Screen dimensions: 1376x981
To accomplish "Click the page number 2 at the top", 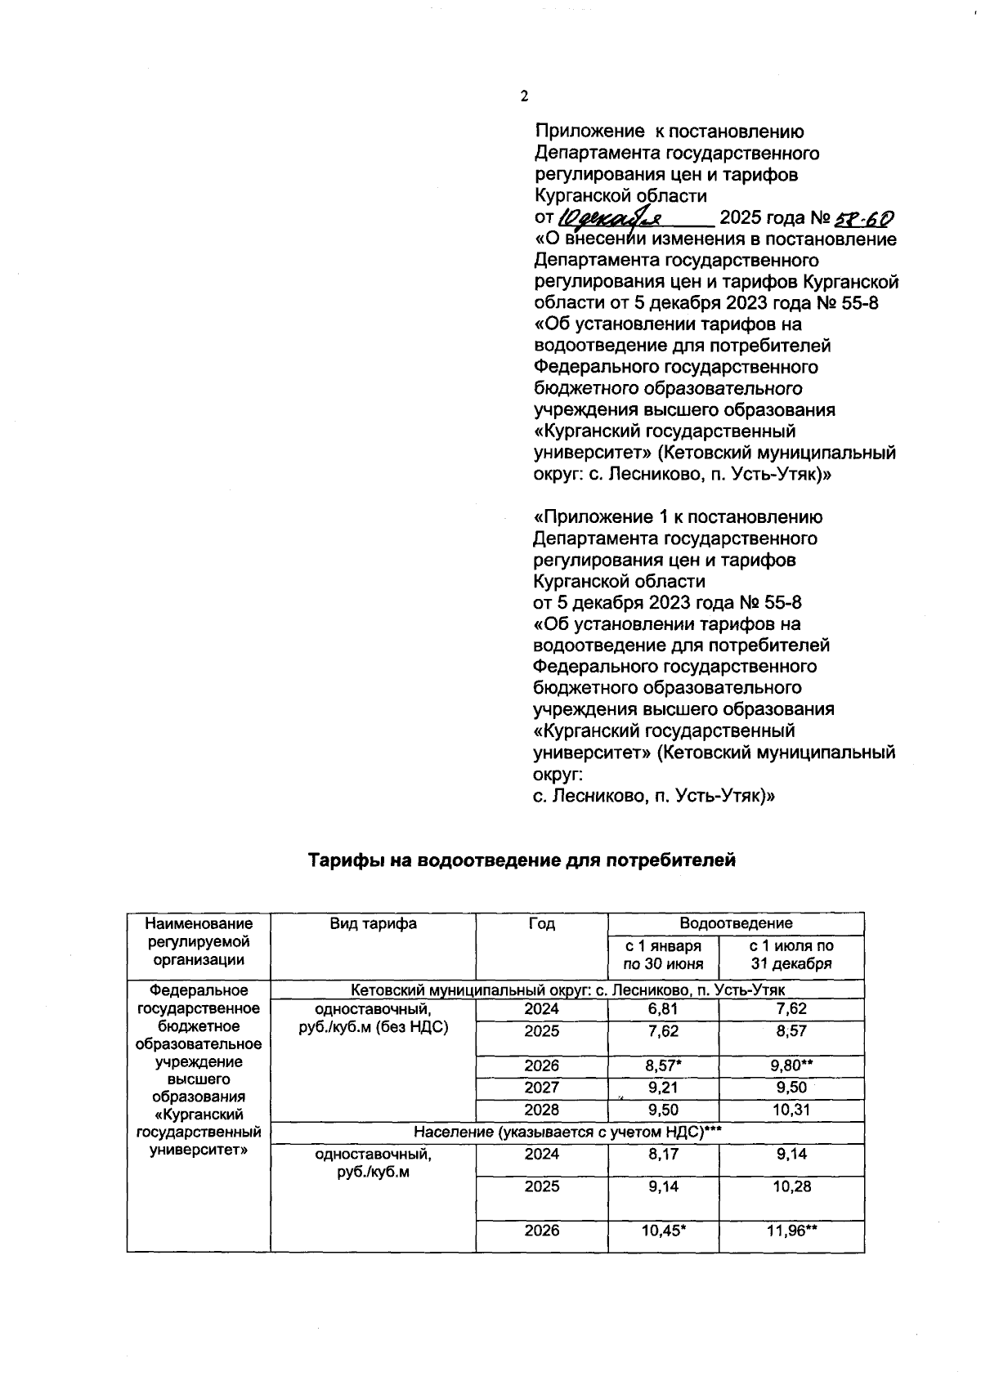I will [x=524, y=96].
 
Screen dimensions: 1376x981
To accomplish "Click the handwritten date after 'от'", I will [x=610, y=218].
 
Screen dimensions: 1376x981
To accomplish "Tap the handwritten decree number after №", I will [x=862, y=218].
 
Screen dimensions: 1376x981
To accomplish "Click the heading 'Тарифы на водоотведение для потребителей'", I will [x=522, y=860].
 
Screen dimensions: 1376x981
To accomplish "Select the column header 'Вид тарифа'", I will [x=373, y=923].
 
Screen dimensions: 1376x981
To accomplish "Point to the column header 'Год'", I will [x=541, y=923].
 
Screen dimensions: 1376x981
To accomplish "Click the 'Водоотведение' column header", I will [x=736, y=923].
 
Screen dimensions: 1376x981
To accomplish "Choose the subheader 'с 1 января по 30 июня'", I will [x=663, y=954].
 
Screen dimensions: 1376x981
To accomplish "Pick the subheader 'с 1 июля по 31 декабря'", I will [x=791, y=954].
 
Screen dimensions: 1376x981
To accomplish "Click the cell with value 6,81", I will [x=663, y=1008].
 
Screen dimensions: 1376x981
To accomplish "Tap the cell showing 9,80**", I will [x=791, y=1066].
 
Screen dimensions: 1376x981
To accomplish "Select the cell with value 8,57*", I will [x=663, y=1066].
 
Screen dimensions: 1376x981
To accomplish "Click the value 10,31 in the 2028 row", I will [x=791, y=1110].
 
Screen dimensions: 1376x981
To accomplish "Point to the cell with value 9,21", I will [x=663, y=1088].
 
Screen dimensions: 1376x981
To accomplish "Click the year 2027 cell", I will [x=541, y=1088].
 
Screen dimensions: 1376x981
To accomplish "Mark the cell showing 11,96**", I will [x=791, y=1231].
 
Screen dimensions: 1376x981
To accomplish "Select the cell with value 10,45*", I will [x=663, y=1231].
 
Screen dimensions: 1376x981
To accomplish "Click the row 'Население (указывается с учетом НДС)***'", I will [x=567, y=1132].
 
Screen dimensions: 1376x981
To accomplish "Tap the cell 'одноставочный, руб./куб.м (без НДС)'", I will [x=373, y=1017].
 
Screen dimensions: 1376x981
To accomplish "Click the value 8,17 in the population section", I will [x=663, y=1154].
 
